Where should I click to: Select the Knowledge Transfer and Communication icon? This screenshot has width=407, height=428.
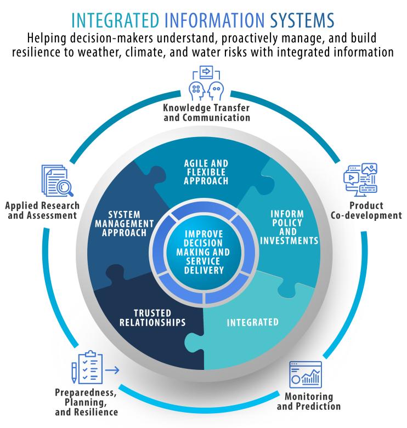tap(204, 82)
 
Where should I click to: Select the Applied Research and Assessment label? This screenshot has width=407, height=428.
tap(42, 210)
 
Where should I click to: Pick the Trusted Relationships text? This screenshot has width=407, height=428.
tap(152, 317)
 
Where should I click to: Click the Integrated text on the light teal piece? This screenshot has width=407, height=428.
tap(253, 322)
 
